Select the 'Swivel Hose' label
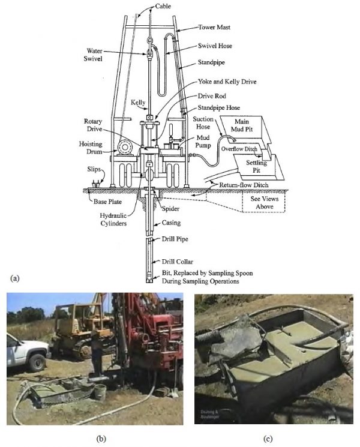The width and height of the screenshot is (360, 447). click(217, 45)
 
